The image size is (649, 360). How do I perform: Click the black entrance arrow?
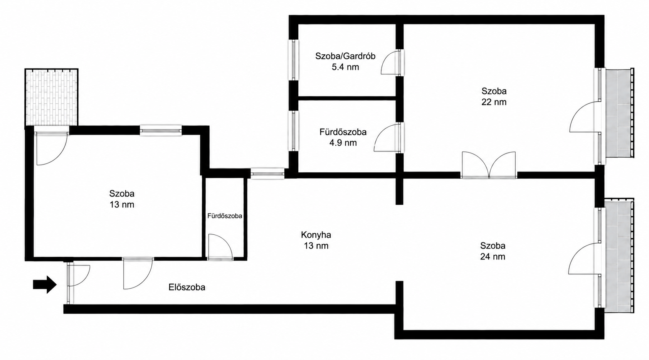click(45, 284)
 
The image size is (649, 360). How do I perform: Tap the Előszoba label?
click(187, 287)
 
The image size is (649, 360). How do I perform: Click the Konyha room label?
click(316, 234)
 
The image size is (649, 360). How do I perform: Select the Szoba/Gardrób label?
click(345, 56)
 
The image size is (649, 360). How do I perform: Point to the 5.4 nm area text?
click(345, 67)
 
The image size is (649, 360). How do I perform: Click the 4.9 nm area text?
click(343, 143)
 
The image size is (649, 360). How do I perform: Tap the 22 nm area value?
click(494, 102)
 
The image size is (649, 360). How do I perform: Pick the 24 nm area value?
click(493, 257)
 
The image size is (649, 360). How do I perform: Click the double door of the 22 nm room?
click(489, 164)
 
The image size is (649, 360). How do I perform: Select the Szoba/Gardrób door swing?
click(390, 62)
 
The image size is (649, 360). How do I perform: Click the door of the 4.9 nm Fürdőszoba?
click(387, 138)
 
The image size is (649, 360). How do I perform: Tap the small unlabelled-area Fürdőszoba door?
click(220, 246)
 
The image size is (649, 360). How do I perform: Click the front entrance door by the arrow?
click(78, 275)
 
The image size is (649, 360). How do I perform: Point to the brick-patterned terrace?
click(51, 97)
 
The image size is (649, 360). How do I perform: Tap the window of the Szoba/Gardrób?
click(294, 60)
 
